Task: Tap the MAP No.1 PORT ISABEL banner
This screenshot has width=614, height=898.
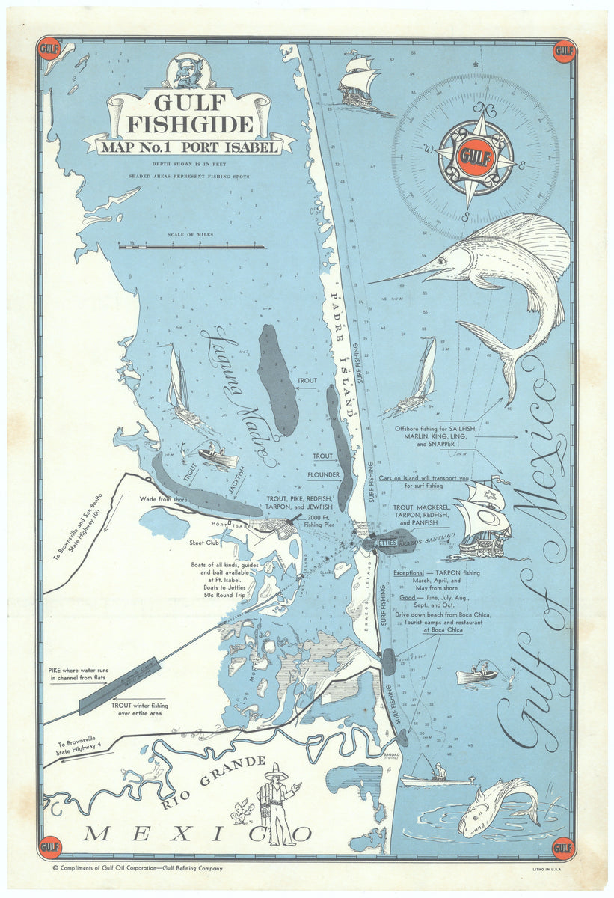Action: (189, 147)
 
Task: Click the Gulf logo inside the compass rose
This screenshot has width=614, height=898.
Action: (475, 158)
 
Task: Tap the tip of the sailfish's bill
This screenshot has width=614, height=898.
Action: (372, 282)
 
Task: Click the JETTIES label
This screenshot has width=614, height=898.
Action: (385, 540)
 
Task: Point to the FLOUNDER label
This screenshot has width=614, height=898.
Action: (323, 474)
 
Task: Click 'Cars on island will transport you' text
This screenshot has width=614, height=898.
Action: (423, 478)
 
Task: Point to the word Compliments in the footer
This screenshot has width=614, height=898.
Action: (84, 869)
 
